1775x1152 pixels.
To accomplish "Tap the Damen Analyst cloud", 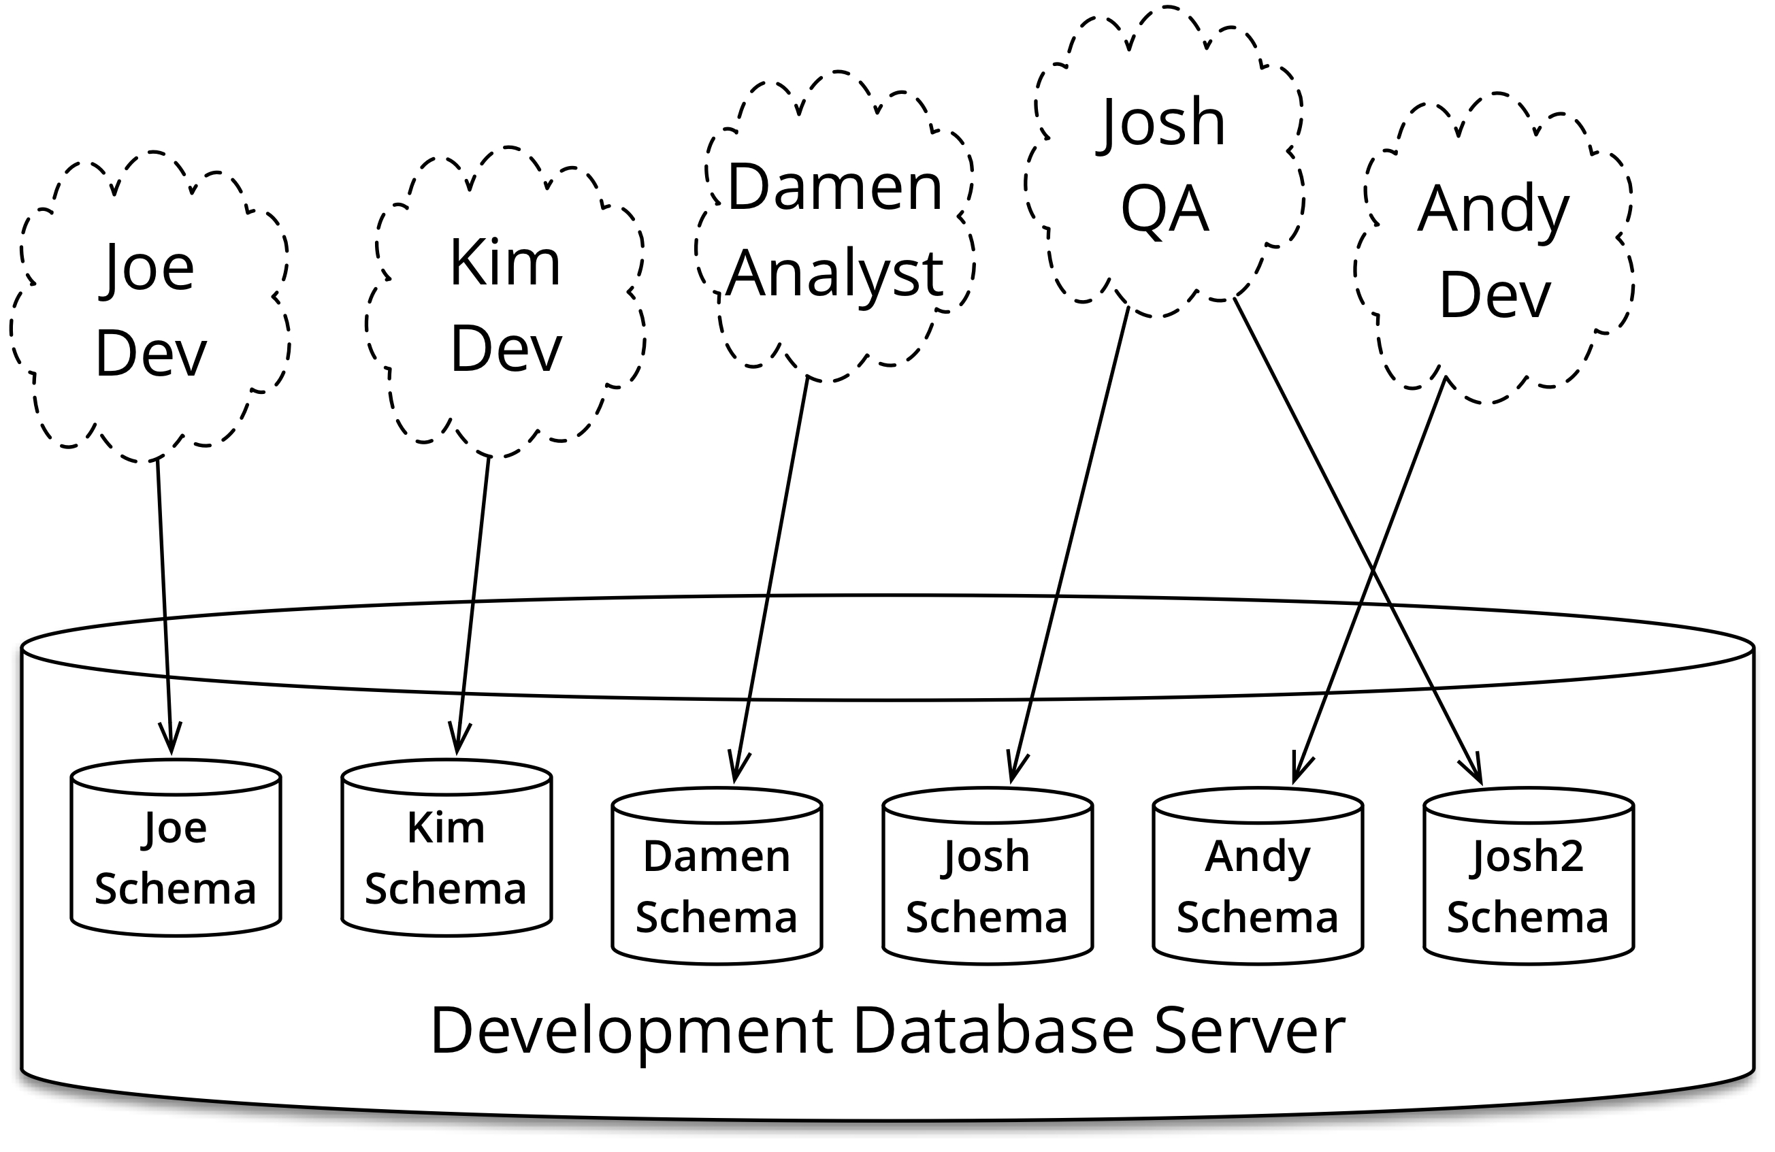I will coord(835,227).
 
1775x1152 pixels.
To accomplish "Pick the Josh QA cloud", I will coord(1165,164).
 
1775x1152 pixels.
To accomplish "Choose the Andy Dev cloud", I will coord(1494,250).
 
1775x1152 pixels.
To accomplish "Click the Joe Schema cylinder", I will coord(176,857).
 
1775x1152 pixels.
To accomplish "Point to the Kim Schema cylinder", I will coord(446,857).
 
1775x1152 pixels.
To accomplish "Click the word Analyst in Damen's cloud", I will coord(835,274).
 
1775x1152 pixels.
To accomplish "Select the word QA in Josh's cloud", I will coord(1165,210).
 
